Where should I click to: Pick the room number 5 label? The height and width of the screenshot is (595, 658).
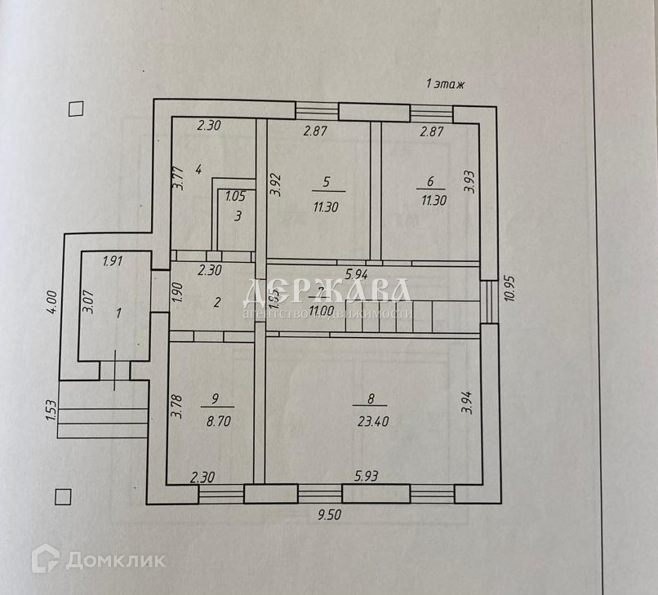click(x=326, y=182)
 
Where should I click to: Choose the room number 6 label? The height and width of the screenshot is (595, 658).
click(x=430, y=182)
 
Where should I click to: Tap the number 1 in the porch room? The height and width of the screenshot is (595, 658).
click(x=119, y=313)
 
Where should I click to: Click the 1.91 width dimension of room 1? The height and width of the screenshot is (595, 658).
click(x=113, y=262)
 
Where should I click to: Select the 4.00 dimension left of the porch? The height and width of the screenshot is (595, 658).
click(x=51, y=302)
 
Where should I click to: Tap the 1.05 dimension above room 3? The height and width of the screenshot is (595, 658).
click(x=235, y=196)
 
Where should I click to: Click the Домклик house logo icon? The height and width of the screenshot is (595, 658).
click(x=46, y=559)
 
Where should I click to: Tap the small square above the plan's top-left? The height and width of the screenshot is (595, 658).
click(x=76, y=108)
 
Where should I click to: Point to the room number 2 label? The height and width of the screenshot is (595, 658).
click(x=217, y=302)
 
